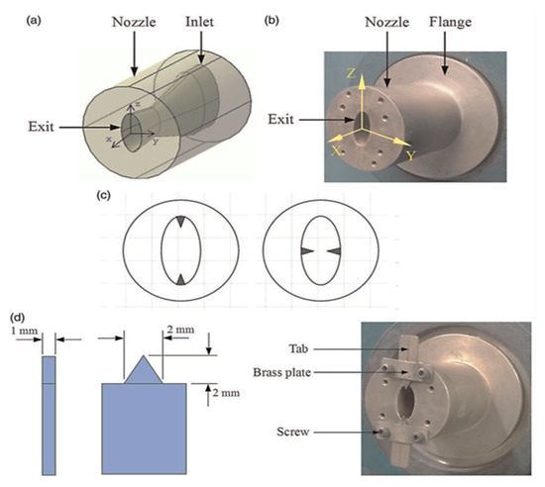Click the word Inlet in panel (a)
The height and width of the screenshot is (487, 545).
[199, 22]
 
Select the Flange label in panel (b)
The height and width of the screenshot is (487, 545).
[450, 22]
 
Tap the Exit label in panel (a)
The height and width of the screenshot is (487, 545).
[41, 127]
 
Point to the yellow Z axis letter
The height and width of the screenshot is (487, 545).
[352, 73]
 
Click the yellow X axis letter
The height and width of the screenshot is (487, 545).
[336, 150]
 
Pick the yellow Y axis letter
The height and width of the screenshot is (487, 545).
[411, 155]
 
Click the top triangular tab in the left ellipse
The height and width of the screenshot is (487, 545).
[180, 222]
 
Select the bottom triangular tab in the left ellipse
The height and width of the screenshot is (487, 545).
[180, 279]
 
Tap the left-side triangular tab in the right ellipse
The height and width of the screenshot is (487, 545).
[307, 250]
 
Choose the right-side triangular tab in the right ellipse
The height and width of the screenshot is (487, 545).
[334, 250]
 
